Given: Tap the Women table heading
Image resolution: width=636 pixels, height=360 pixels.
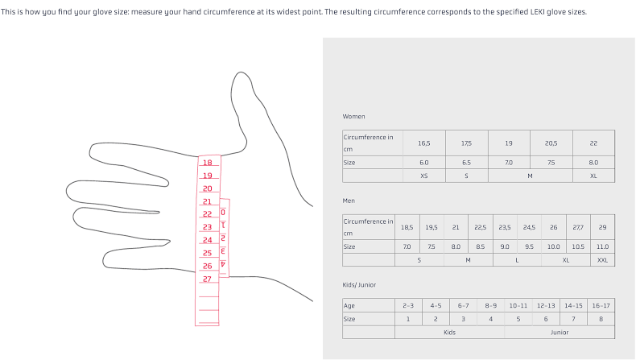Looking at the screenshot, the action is click(x=353, y=117).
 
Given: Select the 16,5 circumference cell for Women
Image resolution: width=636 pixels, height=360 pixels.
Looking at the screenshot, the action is click(x=424, y=143).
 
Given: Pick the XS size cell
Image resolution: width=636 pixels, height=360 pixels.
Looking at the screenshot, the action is click(x=424, y=176).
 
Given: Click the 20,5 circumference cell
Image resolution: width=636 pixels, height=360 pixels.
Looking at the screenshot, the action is click(x=551, y=143).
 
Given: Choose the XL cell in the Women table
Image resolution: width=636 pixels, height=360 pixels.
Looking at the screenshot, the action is click(x=594, y=176).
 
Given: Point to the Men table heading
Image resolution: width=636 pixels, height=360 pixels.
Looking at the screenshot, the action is click(x=349, y=201).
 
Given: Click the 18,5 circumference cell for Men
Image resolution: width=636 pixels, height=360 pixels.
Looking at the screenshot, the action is click(x=407, y=227).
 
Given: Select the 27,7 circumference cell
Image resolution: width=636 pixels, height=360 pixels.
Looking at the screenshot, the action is click(x=578, y=227).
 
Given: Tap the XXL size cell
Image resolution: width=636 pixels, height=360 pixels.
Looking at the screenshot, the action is click(x=603, y=260).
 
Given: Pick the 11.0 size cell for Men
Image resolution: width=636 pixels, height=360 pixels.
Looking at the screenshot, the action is click(x=603, y=246).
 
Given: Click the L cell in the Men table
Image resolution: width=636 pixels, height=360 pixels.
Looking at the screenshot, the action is click(x=517, y=260).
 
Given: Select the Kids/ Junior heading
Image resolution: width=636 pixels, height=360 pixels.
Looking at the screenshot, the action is click(x=359, y=285).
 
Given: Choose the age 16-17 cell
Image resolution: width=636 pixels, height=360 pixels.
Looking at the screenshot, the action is click(x=601, y=305).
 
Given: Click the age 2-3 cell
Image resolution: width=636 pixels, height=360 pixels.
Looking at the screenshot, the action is click(x=408, y=305).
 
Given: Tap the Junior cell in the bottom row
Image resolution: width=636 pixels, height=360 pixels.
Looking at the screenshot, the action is click(x=560, y=333).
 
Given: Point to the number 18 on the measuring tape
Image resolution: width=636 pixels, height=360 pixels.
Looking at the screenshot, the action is click(x=208, y=163).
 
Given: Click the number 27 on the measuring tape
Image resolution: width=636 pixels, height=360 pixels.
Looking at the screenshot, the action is click(x=207, y=279).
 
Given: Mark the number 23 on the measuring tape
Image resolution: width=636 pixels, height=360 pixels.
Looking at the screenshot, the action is click(x=207, y=227).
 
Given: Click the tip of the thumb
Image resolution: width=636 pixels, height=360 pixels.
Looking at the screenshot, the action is click(x=242, y=72).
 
